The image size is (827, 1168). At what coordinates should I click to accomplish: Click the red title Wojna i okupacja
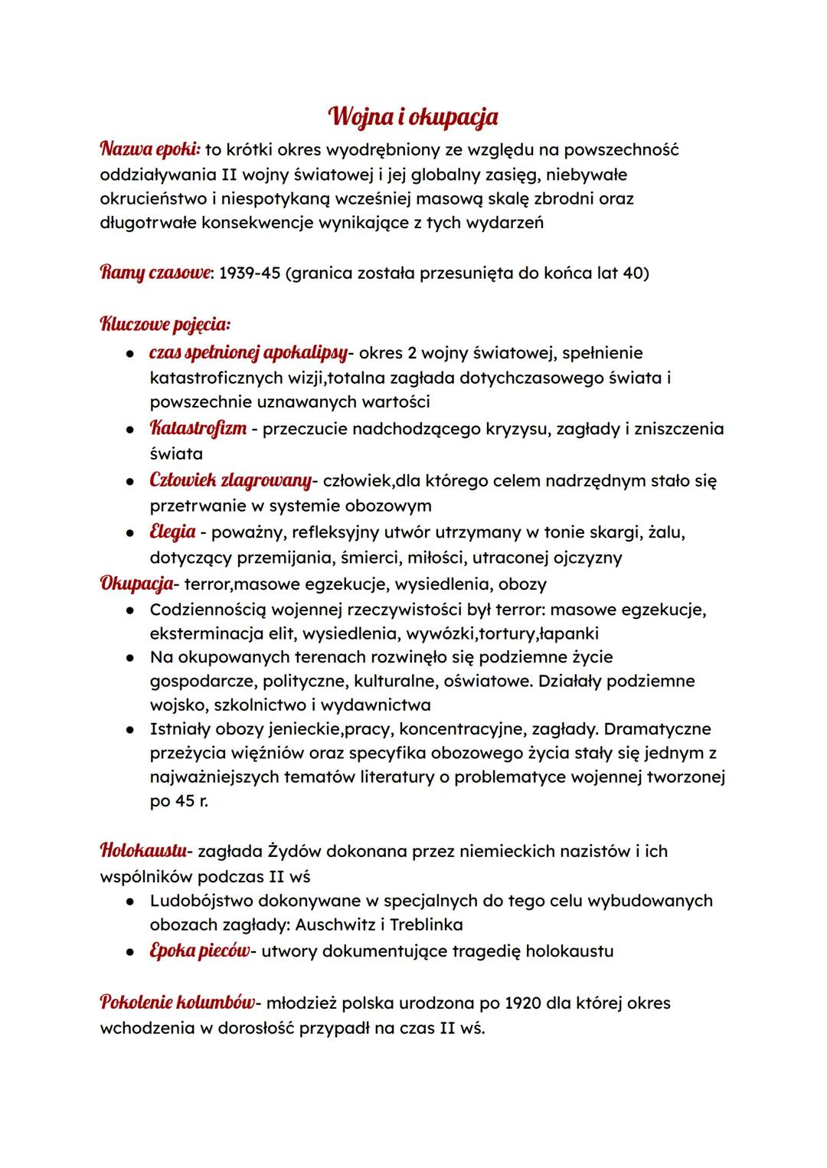tap(413, 117)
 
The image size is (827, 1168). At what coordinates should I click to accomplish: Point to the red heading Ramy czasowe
tap(155, 273)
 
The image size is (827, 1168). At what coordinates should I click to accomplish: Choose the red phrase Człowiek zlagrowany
tap(230, 481)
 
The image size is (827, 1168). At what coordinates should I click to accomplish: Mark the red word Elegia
tap(172, 532)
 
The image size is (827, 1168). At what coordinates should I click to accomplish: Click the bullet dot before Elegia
tap(132, 532)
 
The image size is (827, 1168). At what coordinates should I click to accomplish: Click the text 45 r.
tap(179, 801)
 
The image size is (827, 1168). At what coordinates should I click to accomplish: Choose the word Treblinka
tap(426, 924)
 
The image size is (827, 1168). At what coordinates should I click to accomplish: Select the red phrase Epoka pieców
tap(199, 951)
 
